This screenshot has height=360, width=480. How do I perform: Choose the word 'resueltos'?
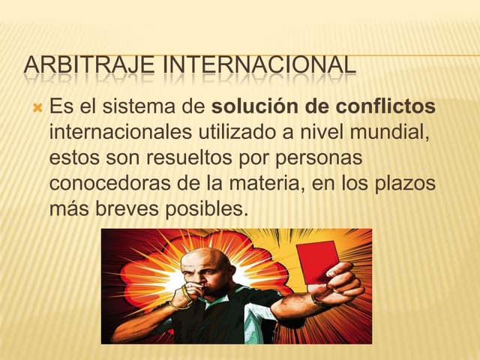(186, 158)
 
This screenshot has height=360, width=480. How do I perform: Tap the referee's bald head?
(206, 261)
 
